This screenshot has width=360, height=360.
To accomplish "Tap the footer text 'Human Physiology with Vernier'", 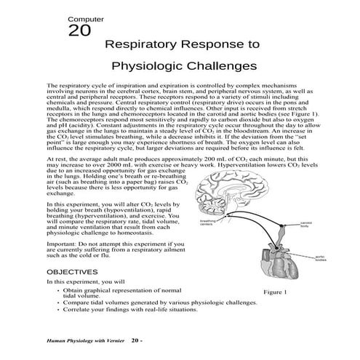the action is tap(85, 339).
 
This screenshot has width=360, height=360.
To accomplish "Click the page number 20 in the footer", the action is tap(135, 339).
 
